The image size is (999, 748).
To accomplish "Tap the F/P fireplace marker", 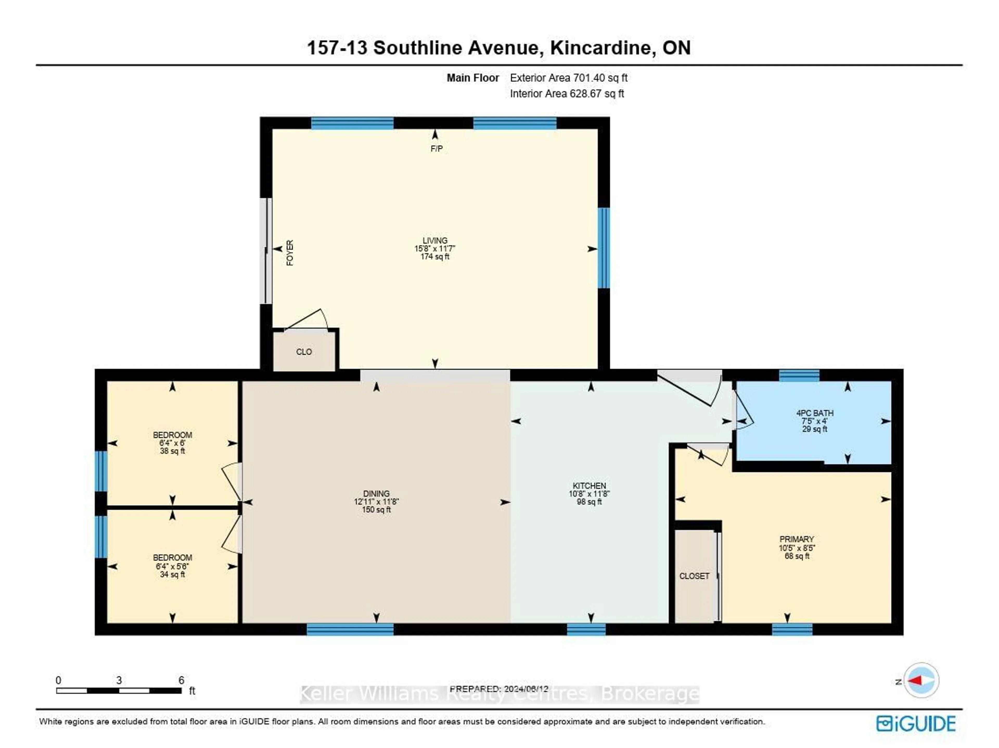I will click(436, 148).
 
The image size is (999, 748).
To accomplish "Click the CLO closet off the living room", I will click(304, 352).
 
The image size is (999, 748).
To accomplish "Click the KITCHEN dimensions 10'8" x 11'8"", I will click(589, 494).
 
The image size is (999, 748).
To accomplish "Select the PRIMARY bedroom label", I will click(796, 539).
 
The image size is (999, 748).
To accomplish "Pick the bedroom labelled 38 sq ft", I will click(172, 443).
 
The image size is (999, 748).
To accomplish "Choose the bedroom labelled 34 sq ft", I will click(172, 566).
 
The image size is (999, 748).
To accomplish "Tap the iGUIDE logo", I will click(916, 724).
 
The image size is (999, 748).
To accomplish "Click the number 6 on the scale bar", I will click(181, 680).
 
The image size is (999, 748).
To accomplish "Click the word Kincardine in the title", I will click(603, 48).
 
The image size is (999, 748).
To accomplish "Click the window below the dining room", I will click(350, 629).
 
